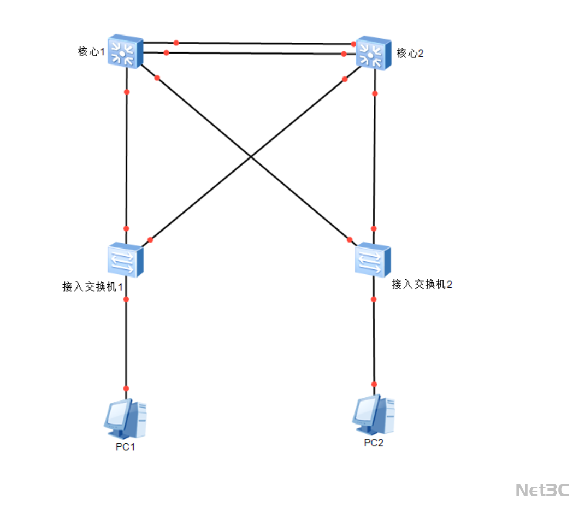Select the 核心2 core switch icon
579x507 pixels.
pos(374,53)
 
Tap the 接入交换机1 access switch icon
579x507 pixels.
pos(125,260)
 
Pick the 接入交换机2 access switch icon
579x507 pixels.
pos(373,260)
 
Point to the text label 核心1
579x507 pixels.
pos(91,52)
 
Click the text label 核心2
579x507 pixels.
pos(410,53)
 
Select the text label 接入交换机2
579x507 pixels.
pos(422,284)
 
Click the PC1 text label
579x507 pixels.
pos(125,447)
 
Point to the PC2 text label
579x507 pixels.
pos(374,443)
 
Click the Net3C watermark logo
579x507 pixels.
pos(542,490)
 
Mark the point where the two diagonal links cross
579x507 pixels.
pos(251,157)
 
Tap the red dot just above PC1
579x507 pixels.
pos(126,388)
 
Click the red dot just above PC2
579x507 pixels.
pos(374,384)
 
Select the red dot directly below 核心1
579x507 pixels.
pos(127,92)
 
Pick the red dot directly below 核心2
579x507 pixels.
pos(375,93)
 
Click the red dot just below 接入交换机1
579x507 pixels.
pos(126,299)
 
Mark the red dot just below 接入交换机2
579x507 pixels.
pos(374,299)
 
